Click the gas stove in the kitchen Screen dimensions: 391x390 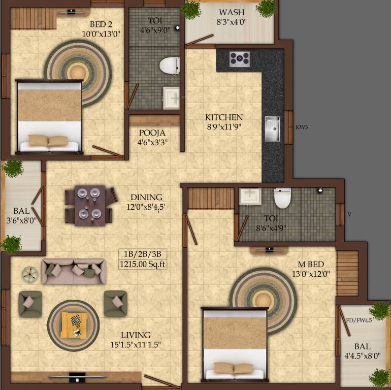239,59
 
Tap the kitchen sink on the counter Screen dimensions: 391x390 272,128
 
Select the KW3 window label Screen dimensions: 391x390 302,127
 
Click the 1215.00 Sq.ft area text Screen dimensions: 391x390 143,264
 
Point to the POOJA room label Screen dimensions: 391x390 152,133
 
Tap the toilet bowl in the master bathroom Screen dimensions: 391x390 282,198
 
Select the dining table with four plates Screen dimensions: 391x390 90,206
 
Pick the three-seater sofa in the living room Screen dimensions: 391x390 74,271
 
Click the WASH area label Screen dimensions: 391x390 232,12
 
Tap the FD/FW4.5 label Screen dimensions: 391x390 360,320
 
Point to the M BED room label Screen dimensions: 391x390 311,264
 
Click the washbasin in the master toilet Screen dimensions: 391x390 250,197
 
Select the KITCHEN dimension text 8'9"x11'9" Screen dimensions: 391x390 224,127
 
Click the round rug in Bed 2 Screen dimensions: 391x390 78,73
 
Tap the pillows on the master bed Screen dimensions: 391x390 234,368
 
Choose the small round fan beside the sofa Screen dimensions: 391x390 30,275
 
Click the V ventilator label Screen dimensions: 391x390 349,214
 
